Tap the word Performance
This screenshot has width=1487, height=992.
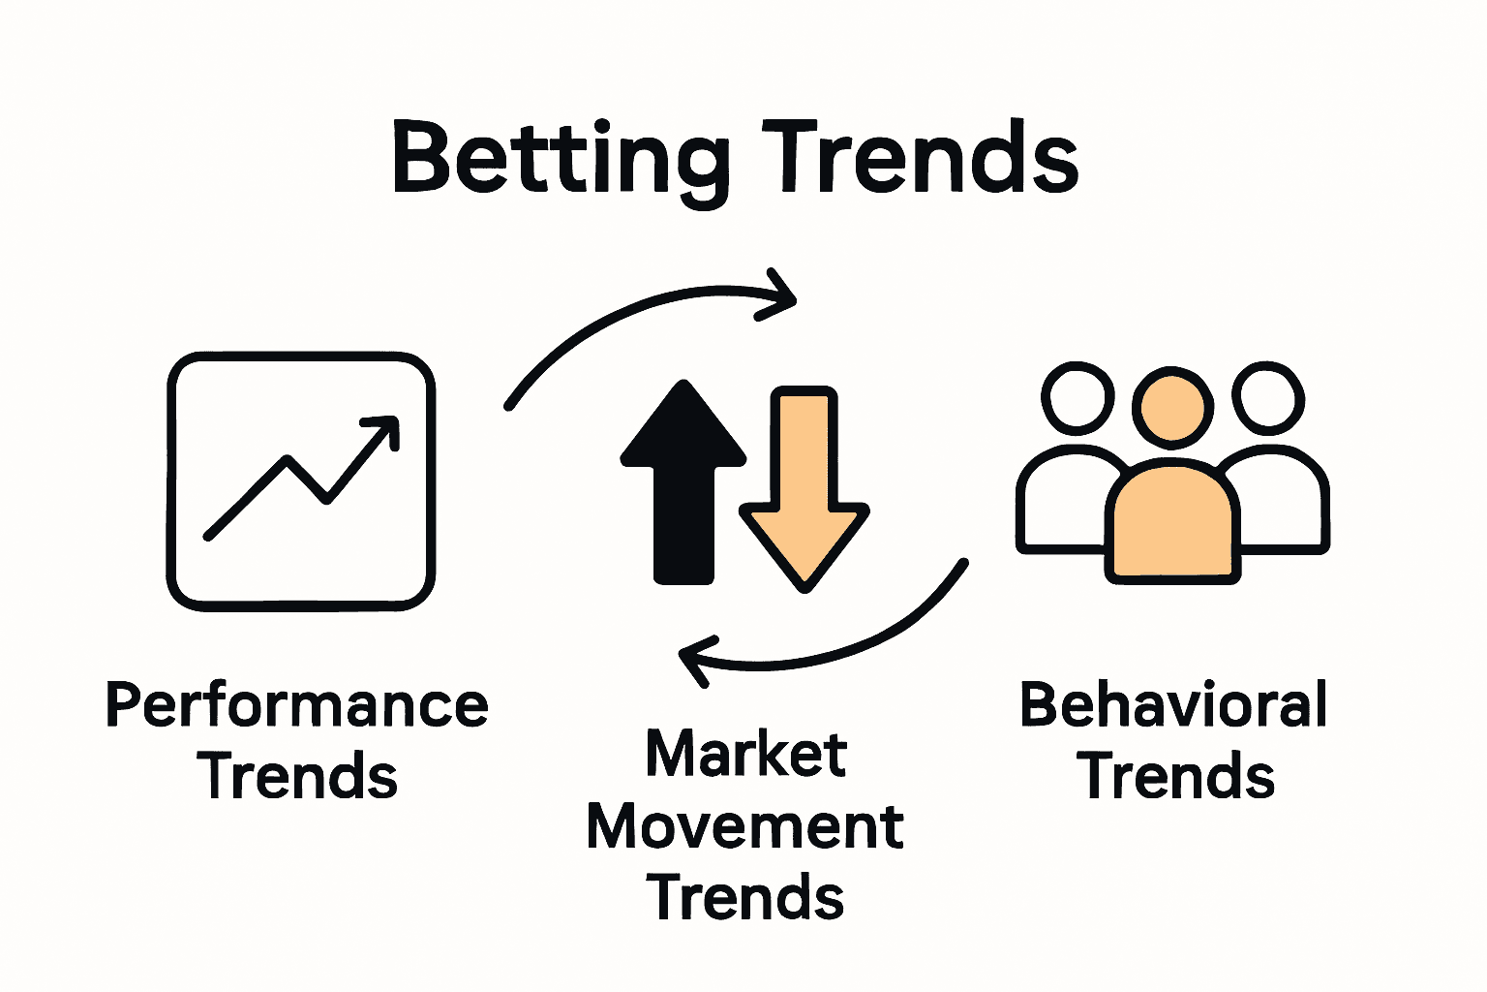(x=296, y=705)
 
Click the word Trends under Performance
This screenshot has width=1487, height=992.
(x=298, y=776)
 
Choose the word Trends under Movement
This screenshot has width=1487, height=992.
(x=745, y=897)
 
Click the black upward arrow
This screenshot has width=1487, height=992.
(x=683, y=484)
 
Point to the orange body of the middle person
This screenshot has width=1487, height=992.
(x=1173, y=523)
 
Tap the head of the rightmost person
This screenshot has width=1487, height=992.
(x=1268, y=397)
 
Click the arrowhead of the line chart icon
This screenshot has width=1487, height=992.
(x=384, y=428)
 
